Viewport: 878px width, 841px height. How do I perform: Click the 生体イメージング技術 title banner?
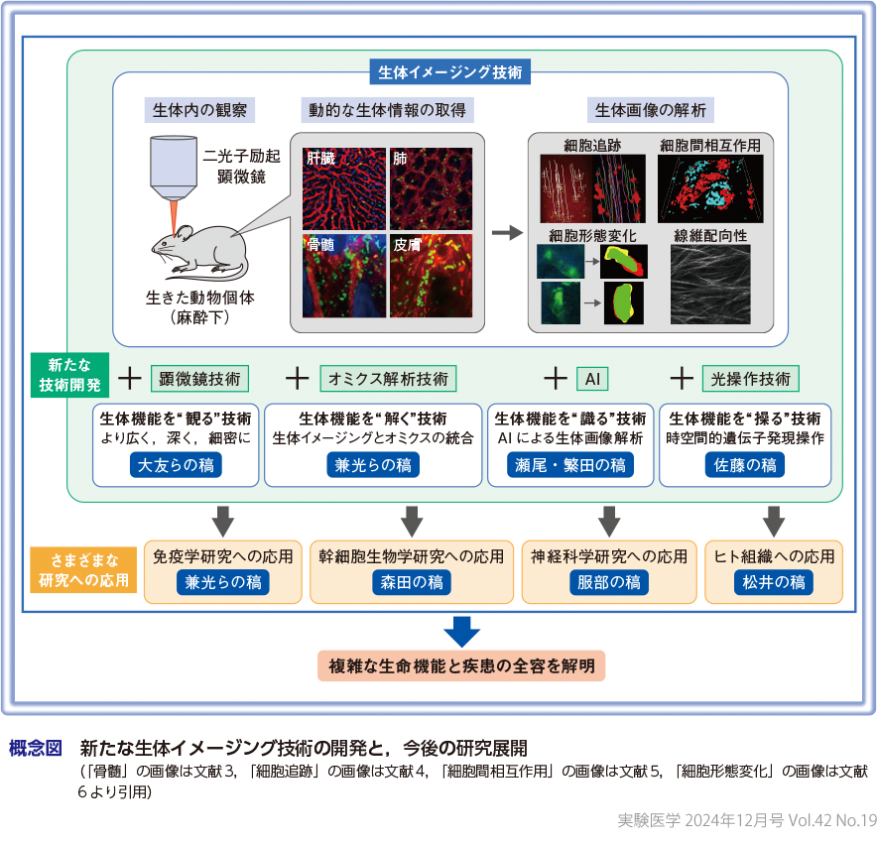coord(450,72)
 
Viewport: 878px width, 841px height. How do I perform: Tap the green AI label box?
coord(592,378)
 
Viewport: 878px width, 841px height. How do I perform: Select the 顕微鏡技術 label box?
coord(199,378)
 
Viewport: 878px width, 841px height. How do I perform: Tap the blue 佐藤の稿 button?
coord(744,465)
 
